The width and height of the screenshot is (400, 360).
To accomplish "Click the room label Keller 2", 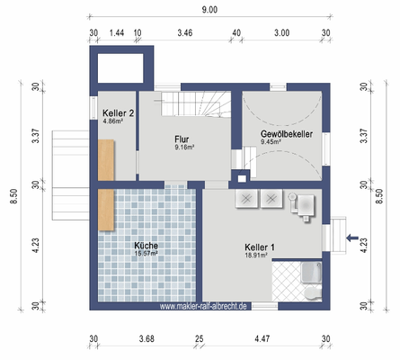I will click(x=118, y=112).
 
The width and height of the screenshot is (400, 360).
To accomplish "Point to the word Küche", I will click(x=146, y=245).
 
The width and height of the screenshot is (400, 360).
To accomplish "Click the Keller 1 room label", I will click(x=259, y=247).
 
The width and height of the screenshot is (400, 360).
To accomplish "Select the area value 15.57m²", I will click(x=146, y=254).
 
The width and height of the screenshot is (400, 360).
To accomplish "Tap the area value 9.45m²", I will click(x=272, y=141).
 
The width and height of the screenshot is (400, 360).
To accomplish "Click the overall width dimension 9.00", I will click(x=209, y=10).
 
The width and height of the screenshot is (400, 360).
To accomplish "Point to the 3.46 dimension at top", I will click(x=185, y=32).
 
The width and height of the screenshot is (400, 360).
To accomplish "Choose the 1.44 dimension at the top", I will click(x=116, y=32).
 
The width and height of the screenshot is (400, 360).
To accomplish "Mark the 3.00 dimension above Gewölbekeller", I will click(x=281, y=32).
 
